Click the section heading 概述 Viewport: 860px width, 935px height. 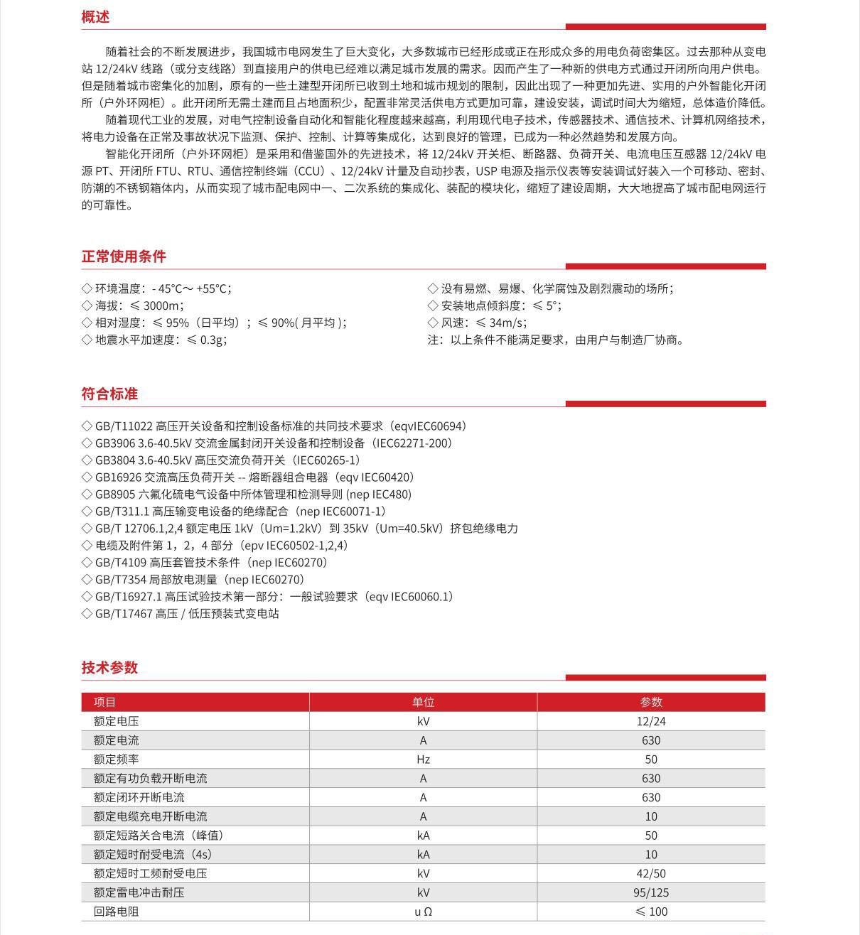tap(95, 17)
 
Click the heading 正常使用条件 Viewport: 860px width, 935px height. tap(124, 256)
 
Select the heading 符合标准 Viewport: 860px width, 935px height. tap(109, 394)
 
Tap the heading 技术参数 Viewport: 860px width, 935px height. tap(109, 667)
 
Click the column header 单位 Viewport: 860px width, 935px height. tap(423, 702)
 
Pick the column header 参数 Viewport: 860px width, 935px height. tap(651, 702)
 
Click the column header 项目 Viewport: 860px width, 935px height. tap(104, 702)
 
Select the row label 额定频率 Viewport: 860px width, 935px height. tap(116, 760)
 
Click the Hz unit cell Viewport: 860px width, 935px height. tap(423, 760)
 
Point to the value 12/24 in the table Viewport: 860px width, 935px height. tap(651, 721)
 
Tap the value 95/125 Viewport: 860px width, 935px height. tap(651, 892)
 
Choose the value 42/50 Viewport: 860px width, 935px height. tap(651, 873)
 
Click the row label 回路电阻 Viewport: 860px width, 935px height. tap(116, 912)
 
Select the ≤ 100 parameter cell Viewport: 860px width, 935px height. tap(651, 912)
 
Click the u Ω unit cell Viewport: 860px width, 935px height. tap(423, 912)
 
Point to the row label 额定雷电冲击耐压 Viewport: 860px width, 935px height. tap(139, 892)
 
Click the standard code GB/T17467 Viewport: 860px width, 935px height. tap(124, 614)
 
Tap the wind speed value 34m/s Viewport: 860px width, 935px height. tap(507, 323)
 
